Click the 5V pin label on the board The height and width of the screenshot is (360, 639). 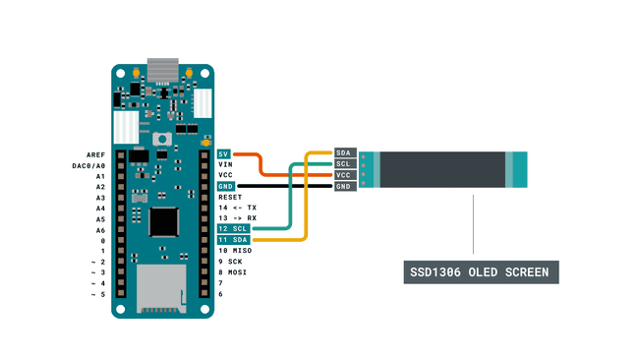click(225, 154)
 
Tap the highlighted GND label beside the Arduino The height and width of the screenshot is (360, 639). click(226, 187)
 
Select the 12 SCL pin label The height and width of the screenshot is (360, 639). click(234, 229)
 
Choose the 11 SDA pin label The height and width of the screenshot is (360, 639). click(234, 240)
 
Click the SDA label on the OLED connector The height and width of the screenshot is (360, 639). click(344, 153)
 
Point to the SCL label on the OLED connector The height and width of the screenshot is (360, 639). click(344, 164)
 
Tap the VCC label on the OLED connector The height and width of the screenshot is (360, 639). click(344, 175)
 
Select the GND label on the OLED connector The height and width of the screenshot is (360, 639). click(344, 187)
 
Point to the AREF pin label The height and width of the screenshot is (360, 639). click(95, 154)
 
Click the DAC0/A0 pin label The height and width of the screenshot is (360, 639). click(89, 165)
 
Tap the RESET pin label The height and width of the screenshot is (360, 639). click(230, 198)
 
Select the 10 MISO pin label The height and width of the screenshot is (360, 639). click(237, 251)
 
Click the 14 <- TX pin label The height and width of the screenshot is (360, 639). click(237, 209)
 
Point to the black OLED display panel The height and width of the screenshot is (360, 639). click(441, 169)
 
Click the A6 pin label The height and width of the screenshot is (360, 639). click(99, 230)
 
